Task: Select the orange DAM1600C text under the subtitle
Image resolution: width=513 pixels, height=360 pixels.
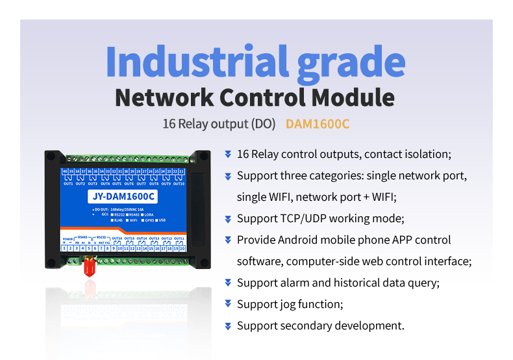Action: (x=318, y=123)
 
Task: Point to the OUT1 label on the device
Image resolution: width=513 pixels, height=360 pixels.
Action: (x=68, y=184)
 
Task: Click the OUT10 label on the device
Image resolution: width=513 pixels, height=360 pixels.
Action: (x=179, y=184)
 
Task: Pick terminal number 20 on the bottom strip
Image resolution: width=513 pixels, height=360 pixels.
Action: (x=182, y=248)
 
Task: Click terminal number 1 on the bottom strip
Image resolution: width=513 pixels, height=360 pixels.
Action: (x=64, y=248)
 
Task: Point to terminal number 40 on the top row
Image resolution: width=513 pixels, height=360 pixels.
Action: (x=64, y=172)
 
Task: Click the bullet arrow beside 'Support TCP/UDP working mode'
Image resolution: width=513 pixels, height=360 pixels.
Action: (x=228, y=218)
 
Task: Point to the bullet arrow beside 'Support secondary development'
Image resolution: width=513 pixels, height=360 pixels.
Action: (x=228, y=326)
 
